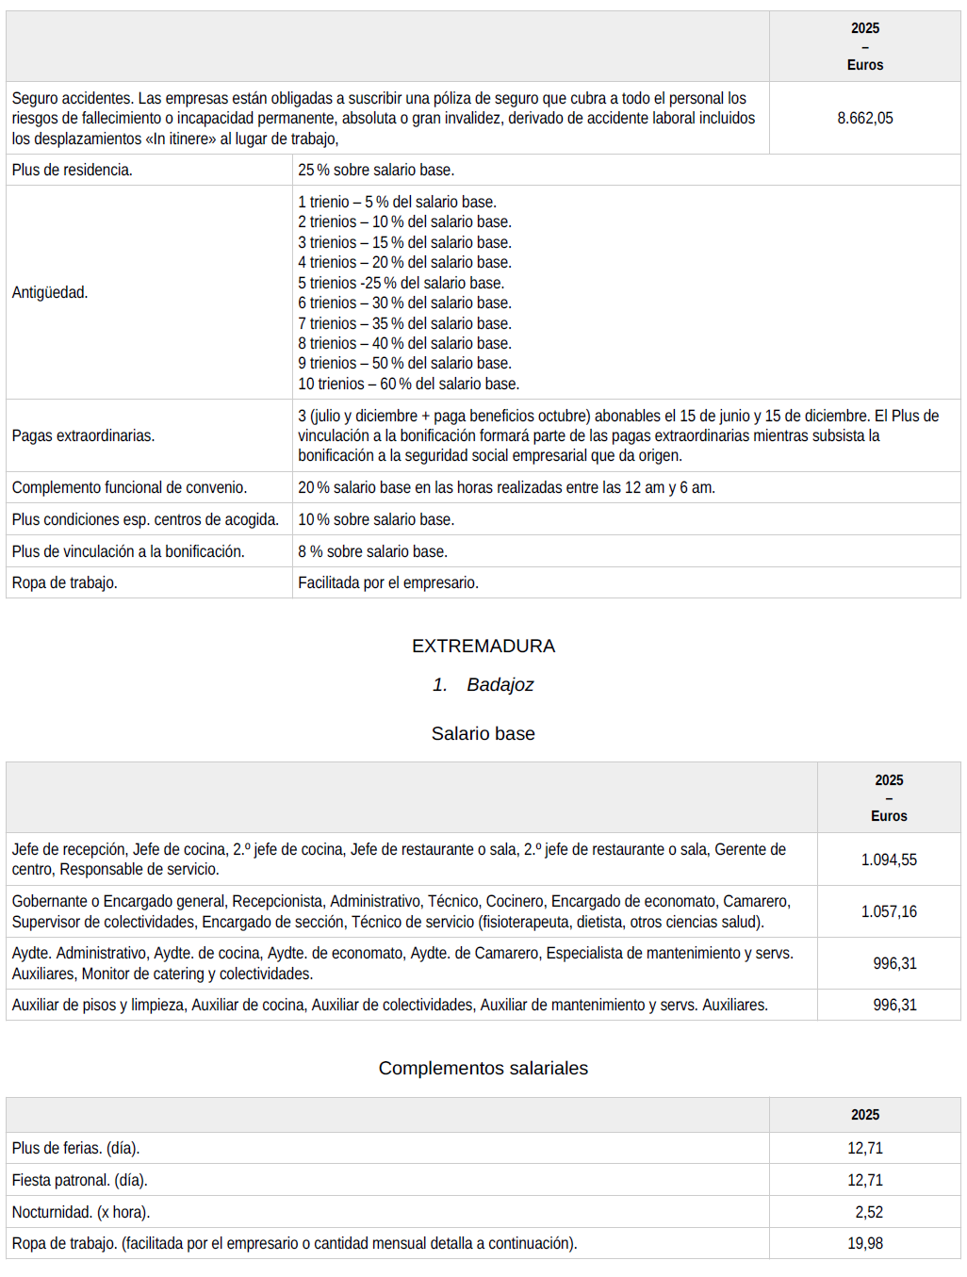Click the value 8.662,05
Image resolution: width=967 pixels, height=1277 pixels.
pyautogui.click(x=864, y=118)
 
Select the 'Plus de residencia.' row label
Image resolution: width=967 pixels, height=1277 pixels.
pyautogui.click(x=73, y=170)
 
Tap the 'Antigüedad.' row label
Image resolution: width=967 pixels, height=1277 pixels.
pyautogui.click(x=50, y=292)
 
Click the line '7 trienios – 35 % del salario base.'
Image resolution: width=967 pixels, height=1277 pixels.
pyautogui.click(x=404, y=323)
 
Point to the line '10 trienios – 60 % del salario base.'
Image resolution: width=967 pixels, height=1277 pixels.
pyautogui.click(x=408, y=384)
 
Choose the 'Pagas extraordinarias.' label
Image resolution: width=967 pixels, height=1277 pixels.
pyautogui.click(x=83, y=435)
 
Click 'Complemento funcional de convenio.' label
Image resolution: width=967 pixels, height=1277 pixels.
pyautogui.click(x=129, y=487)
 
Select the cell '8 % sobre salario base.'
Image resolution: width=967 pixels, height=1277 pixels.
pyautogui.click(x=372, y=551)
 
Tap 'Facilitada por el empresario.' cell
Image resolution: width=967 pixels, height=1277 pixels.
pyautogui.click(x=388, y=582)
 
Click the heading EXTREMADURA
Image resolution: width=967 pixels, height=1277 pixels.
pyautogui.click(x=483, y=646)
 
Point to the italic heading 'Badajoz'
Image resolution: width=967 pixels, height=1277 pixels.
pyautogui.click(x=500, y=684)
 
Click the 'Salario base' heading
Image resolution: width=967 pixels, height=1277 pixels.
pyautogui.click(x=483, y=733)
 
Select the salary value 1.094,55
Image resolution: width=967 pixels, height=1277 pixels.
pyautogui.click(x=889, y=860)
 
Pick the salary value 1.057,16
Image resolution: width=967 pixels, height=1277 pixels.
pyautogui.click(x=889, y=911)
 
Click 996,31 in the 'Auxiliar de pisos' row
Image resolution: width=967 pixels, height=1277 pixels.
pyautogui.click(x=894, y=1005)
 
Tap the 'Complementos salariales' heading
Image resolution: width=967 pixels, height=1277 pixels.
pyautogui.click(x=483, y=1068)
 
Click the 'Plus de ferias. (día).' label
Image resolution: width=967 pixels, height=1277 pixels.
pyautogui.click(x=75, y=1148)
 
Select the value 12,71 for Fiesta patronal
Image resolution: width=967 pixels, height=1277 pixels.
pyautogui.click(x=865, y=1180)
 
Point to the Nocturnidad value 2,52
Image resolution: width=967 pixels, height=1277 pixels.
pyautogui.click(x=869, y=1212)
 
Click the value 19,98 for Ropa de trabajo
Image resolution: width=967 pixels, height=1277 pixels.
pyautogui.click(x=865, y=1243)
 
